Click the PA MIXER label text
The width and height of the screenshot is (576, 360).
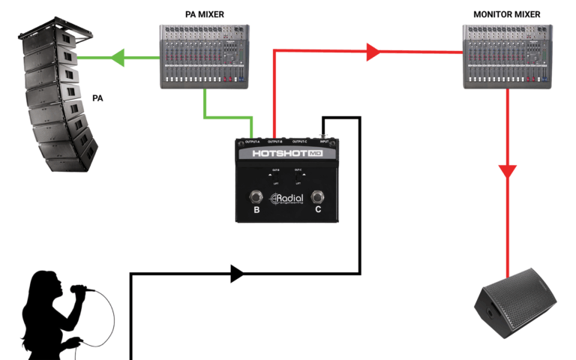pos(204,15)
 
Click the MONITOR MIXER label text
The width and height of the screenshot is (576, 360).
pos(506,15)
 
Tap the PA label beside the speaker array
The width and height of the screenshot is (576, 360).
pos(97,98)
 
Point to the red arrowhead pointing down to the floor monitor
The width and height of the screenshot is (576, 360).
pos(508,171)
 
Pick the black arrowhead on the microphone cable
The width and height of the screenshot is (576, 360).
pos(237,274)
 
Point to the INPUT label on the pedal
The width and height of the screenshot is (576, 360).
pos(324,141)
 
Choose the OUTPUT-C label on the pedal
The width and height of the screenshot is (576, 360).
pos(298,141)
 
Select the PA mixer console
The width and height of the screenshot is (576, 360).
pos(204,56)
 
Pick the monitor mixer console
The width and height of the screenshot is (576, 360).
pos(507,56)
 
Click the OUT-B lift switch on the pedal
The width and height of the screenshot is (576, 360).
pos(277,174)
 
